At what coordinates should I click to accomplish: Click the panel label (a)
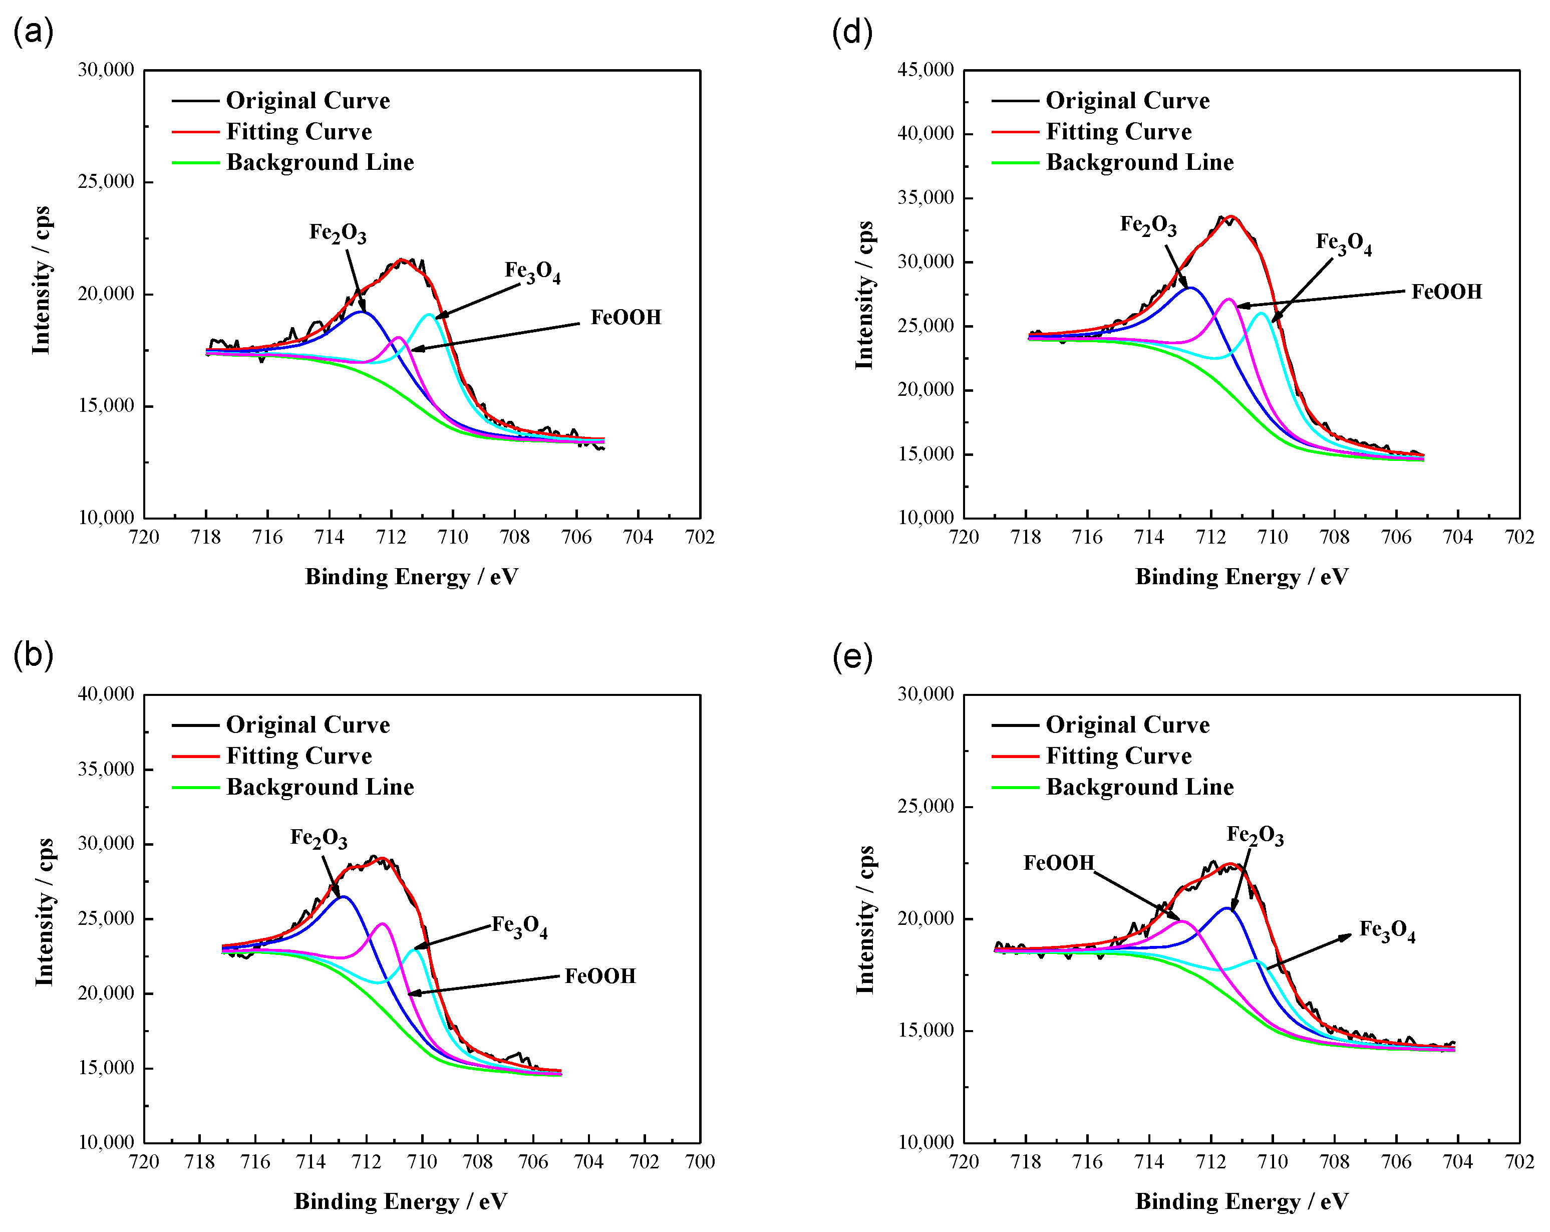[x=33, y=33]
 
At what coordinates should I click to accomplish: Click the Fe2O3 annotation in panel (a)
[x=337, y=233]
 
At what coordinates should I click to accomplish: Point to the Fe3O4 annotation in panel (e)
[x=1386, y=931]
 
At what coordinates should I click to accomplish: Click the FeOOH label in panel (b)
[x=599, y=976]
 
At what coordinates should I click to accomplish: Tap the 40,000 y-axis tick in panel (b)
[x=106, y=694]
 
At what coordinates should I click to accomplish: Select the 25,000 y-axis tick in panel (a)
[x=106, y=182]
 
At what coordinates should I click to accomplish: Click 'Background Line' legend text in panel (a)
[x=320, y=162]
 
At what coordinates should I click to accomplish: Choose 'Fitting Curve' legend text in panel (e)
[x=1118, y=756]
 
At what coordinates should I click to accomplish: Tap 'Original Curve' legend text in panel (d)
[x=1126, y=101]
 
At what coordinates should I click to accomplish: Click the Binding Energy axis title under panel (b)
[x=401, y=1201]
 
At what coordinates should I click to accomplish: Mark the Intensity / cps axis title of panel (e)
[x=865, y=920]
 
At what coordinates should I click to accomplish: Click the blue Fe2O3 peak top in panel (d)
[x=1191, y=288]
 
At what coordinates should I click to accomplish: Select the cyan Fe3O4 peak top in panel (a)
[x=429, y=314]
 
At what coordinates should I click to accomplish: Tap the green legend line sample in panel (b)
[x=195, y=788]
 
